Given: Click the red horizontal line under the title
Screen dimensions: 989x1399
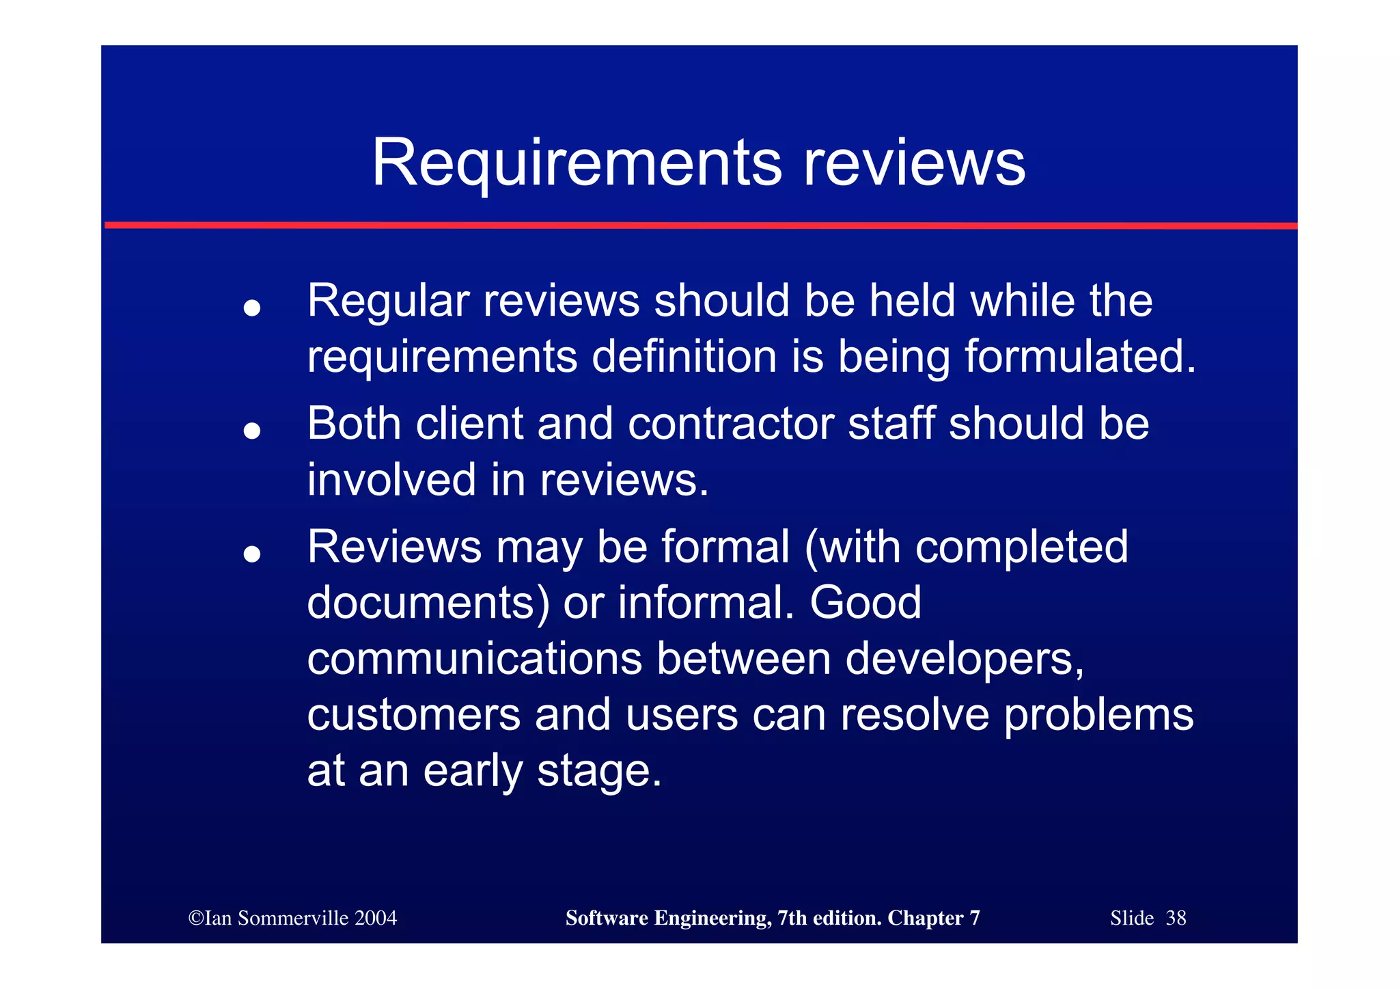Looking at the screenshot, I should (699, 225).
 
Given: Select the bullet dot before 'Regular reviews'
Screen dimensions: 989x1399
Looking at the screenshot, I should (252, 308).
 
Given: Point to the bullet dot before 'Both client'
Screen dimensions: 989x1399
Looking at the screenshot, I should (252, 431).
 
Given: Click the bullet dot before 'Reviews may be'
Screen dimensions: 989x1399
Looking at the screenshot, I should (252, 554).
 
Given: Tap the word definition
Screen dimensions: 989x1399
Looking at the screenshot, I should (684, 357).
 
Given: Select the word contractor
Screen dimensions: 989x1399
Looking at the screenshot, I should (730, 424).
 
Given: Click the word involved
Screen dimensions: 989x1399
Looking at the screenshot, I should (391, 479).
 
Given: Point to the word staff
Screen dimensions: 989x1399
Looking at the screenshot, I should (891, 424).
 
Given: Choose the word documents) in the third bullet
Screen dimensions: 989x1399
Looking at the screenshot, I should (428, 603).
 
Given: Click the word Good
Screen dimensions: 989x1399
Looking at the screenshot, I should (865, 603).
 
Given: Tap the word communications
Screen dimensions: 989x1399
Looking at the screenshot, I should (474, 658).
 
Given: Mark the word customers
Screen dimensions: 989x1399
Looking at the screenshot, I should (413, 715).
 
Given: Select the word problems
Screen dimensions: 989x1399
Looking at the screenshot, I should (1098, 715).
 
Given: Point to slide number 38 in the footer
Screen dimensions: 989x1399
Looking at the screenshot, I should (1176, 918).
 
